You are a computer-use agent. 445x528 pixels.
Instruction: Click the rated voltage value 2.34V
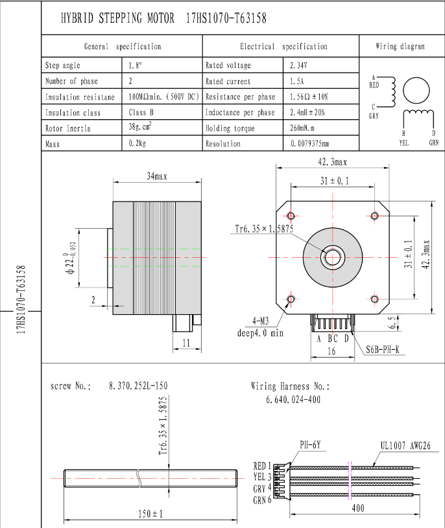[x=298, y=65]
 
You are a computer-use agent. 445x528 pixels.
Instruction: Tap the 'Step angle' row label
[x=64, y=65]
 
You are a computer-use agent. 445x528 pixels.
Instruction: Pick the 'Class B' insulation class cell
[x=141, y=112]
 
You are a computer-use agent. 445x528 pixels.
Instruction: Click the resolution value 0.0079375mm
[x=319, y=144]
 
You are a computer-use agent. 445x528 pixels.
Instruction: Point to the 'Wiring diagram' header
[x=400, y=47]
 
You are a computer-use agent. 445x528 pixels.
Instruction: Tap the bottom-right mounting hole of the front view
[x=374, y=299]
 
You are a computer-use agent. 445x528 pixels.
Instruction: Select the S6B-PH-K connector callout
[x=383, y=350]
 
